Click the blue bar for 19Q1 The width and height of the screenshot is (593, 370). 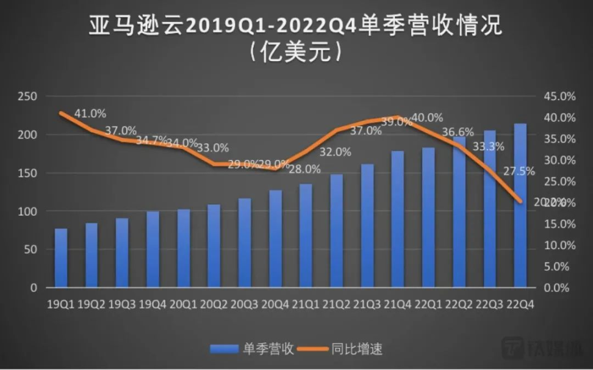pyautogui.click(x=61, y=258)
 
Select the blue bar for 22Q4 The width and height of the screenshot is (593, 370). pyautogui.click(x=520, y=205)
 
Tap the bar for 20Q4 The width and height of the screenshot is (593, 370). pyautogui.click(x=275, y=239)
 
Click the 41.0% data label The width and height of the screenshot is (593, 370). pyautogui.click(x=90, y=114)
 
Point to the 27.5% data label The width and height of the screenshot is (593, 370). pyautogui.click(x=519, y=172)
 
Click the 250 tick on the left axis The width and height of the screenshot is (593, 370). pyautogui.click(x=28, y=96)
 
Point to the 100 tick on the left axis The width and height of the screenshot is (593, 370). pyautogui.click(x=28, y=211)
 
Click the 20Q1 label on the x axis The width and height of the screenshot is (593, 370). pyautogui.click(x=183, y=303)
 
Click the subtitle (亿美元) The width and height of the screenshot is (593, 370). pyautogui.click(x=296, y=53)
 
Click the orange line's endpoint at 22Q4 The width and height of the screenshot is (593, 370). pyautogui.click(x=520, y=201)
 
